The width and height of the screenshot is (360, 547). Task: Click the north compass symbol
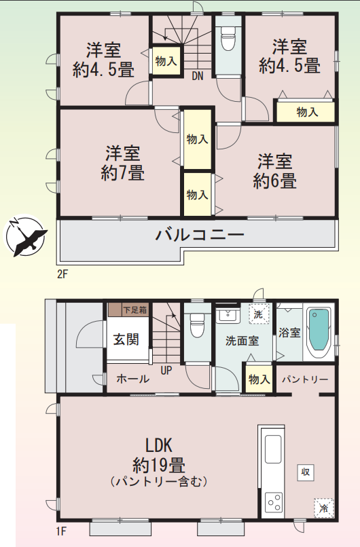coord(25,235)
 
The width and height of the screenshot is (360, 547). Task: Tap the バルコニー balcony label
coord(200,235)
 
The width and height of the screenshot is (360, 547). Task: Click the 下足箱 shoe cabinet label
coord(135,309)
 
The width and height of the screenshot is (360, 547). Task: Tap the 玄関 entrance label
coord(126,339)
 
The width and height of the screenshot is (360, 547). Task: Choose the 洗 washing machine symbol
coord(259,314)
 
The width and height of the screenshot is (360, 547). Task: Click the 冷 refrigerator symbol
coord(324,508)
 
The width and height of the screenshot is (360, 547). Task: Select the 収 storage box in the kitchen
coord(306,472)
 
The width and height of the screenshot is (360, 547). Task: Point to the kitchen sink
coord(273,449)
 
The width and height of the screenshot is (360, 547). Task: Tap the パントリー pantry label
coord(305,379)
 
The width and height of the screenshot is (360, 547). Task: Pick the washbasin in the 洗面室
coord(228,316)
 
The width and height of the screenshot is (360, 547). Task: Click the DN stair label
coord(197,76)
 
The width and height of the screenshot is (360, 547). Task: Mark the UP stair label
coord(166,371)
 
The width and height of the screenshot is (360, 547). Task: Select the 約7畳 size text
coord(122,172)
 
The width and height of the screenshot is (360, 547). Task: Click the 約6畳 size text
coord(274,181)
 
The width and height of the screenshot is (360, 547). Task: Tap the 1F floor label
coord(61,531)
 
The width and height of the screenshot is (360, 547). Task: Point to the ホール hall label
coord(132,379)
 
